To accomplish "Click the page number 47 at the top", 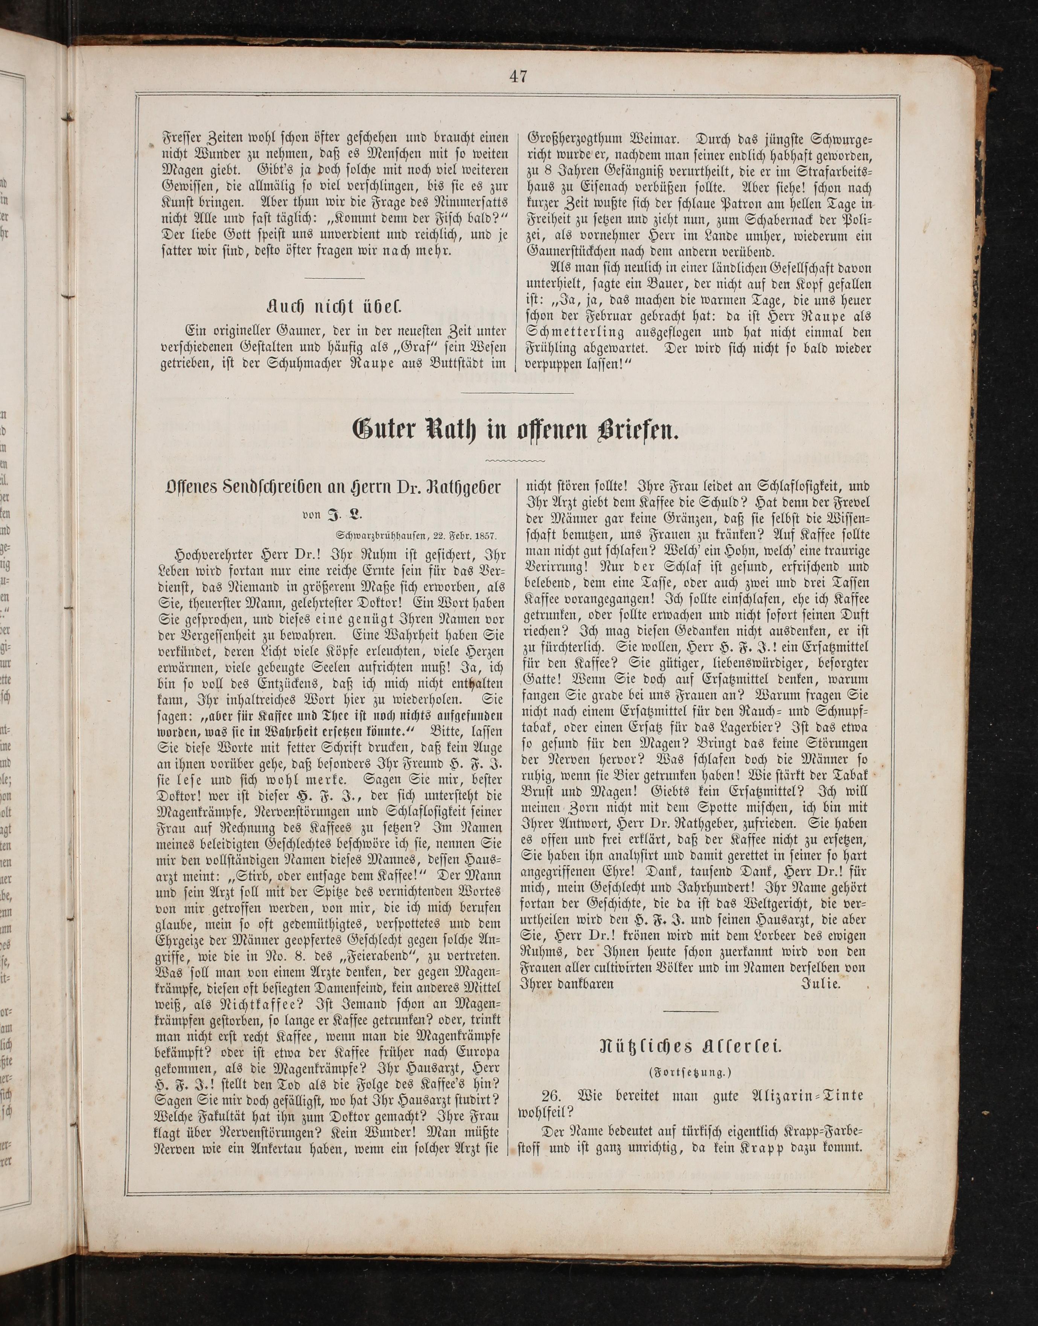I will pos(518,76).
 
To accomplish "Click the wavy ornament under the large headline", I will pos(517,460).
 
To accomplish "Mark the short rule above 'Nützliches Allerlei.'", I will pos(692,1011).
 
